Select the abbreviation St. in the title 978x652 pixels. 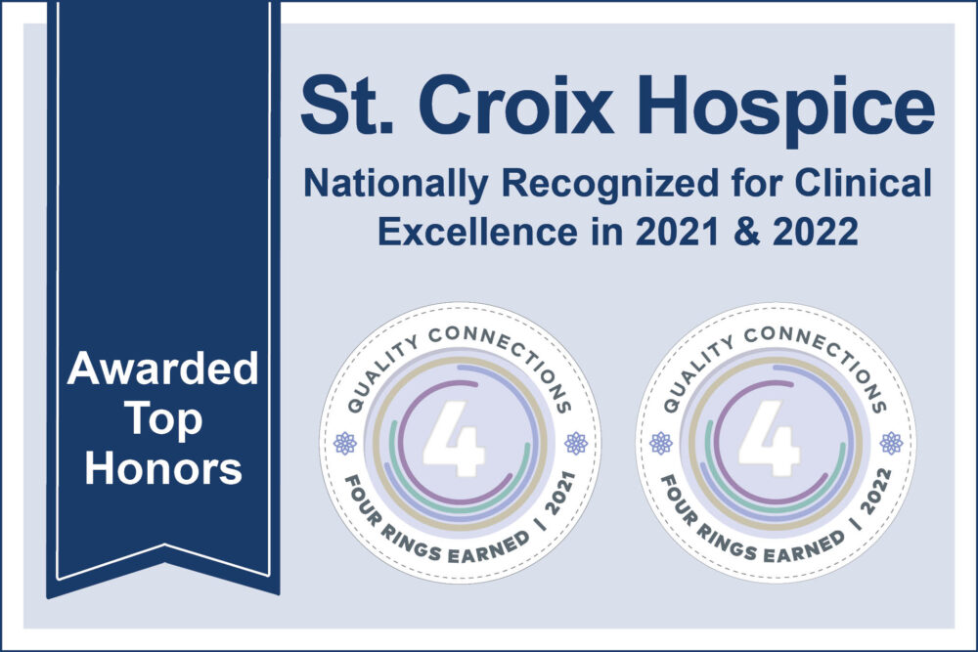tap(348, 104)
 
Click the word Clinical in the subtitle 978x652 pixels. tap(864, 183)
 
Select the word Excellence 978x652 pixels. tap(477, 232)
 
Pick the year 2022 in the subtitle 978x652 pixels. tap(816, 232)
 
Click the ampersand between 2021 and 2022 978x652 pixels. tap(746, 232)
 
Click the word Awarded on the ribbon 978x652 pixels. tap(162, 369)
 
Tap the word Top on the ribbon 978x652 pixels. tap(163, 421)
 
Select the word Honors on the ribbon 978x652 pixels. tap(163, 468)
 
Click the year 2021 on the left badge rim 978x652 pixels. tap(559, 495)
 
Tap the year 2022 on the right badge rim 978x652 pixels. tap(875, 493)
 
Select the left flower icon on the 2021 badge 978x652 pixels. tap(345, 443)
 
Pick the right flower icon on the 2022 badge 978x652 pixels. tap(891, 443)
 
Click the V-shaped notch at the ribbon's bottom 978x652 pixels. tap(164, 547)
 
